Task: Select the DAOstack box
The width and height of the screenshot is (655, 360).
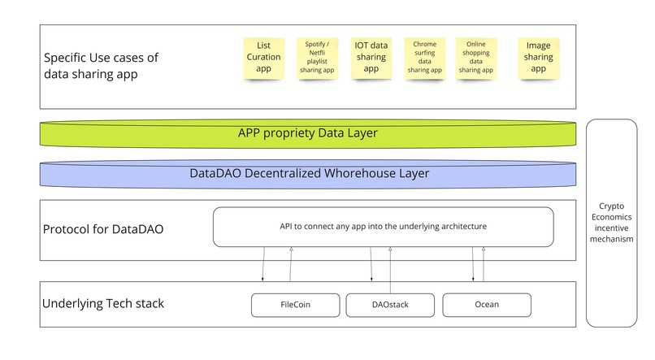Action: point(390,305)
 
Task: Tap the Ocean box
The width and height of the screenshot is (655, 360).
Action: point(487,305)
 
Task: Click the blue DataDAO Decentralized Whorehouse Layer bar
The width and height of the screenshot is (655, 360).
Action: point(309,173)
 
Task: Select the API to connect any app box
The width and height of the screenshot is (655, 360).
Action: point(383,227)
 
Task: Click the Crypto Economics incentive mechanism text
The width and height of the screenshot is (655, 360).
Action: point(615,223)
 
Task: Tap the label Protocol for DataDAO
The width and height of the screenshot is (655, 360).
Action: point(102,229)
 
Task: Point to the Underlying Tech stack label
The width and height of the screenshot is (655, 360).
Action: point(102,304)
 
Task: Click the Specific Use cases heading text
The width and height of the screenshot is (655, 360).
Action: point(101,66)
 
